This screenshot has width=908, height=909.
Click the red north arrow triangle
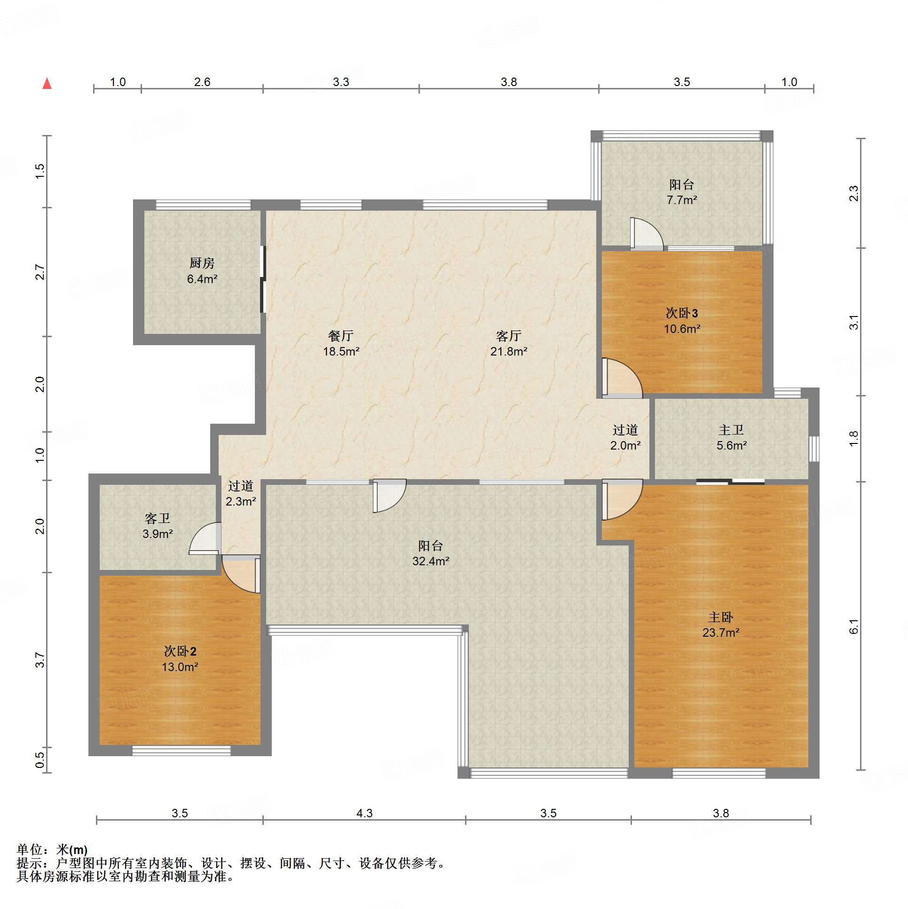pos(47,84)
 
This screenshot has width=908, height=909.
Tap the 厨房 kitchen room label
pos(202,263)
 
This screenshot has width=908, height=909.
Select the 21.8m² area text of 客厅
pos(509,351)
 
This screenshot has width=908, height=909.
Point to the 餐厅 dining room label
pos(341,336)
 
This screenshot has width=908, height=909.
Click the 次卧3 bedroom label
pos(682,313)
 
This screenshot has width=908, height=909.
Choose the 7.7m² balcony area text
pos(682,200)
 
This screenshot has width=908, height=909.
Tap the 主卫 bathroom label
pos(731,430)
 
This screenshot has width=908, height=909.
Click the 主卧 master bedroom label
pos(721,617)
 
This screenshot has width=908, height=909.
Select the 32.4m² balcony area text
pos(430,561)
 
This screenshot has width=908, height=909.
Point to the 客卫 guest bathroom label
pos(157,519)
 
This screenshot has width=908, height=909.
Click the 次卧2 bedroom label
pos(180,651)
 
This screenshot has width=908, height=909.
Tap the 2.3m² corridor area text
pos(240,502)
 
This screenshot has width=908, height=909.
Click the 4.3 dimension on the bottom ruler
pos(364,813)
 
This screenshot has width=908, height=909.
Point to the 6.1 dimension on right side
pos(854,627)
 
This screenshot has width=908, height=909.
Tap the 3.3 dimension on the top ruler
pos(340,82)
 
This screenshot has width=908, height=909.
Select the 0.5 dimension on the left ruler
pos(40,760)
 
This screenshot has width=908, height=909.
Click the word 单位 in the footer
pos(29,850)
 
